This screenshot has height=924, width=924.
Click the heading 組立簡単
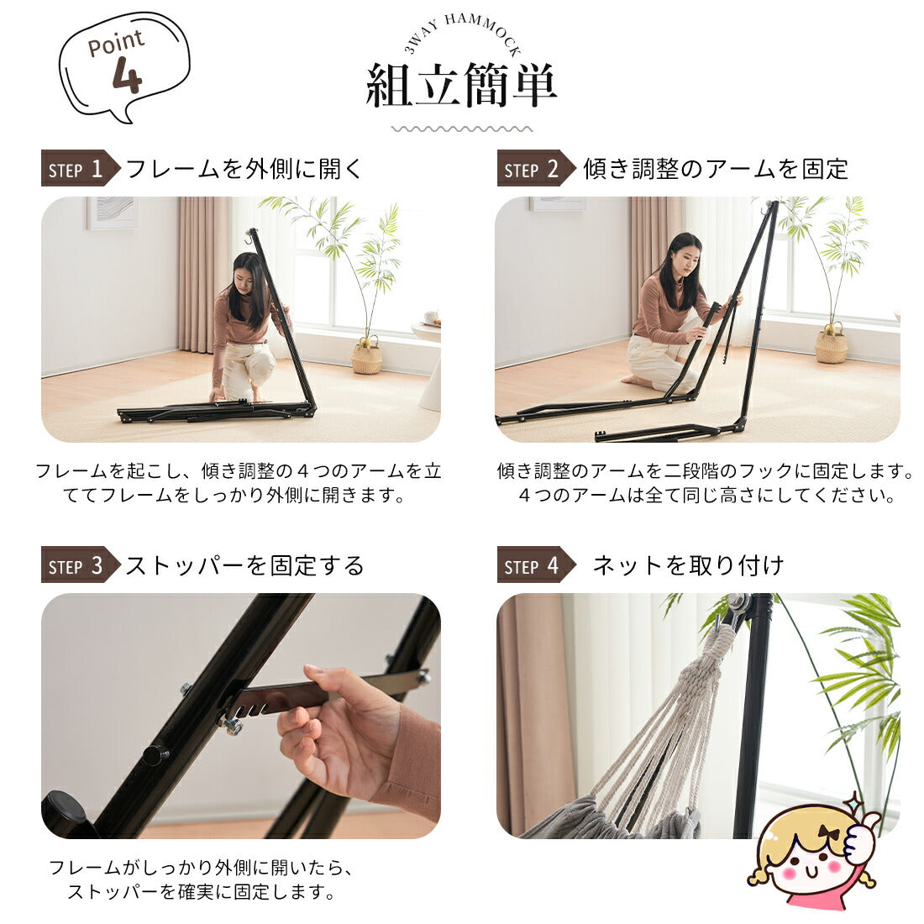coord(461,86)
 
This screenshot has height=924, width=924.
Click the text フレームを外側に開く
coord(244,169)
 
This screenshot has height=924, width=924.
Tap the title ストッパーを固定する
coord(244,565)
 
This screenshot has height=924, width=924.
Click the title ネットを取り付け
coord(688,565)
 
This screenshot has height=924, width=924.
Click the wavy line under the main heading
coord(461,129)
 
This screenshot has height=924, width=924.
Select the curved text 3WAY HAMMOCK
coord(462,32)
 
